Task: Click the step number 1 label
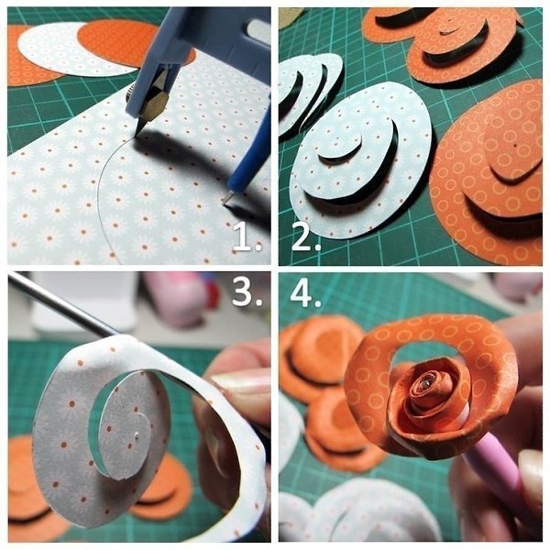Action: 247,236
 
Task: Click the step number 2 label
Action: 306,236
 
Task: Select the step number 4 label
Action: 306,293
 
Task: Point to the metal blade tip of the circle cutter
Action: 137,133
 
